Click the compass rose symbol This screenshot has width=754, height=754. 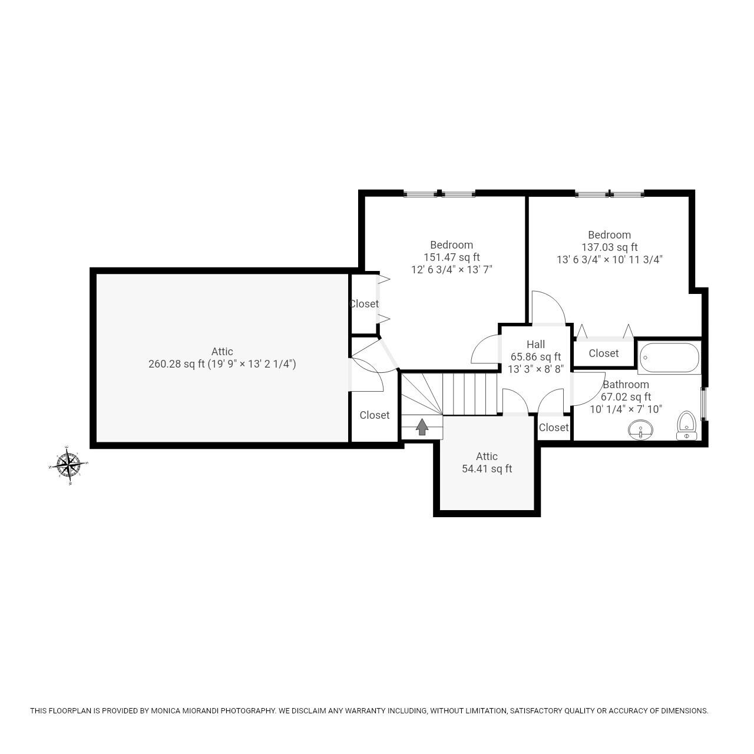tap(69, 465)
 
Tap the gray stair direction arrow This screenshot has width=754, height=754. tap(422, 426)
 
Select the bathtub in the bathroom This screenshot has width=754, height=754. tap(669, 357)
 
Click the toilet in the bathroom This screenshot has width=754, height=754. tap(686, 425)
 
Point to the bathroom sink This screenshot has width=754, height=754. tap(640, 429)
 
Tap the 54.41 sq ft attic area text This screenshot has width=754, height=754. tap(487, 469)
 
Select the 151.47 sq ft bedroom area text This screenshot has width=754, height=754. tap(451, 257)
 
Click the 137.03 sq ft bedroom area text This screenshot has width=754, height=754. tap(609, 247)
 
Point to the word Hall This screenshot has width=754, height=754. tap(535, 345)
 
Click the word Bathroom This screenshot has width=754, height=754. tap(626, 385)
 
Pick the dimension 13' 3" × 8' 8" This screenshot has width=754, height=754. tap(535, 369)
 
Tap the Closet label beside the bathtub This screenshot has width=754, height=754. tap(604, 353)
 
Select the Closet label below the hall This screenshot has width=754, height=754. tap(554, 428)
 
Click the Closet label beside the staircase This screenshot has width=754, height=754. tap(375, 415)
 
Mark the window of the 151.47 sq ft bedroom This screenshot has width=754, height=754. tap(439, 193)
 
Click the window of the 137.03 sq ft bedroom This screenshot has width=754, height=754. tap(610, 193)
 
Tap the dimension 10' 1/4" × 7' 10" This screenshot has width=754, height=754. tap(626, 409)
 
